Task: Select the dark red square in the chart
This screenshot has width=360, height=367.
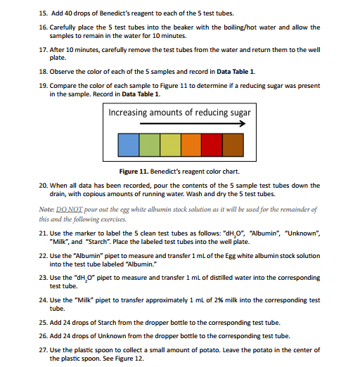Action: pos(212,145)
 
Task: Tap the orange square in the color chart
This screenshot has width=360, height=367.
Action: pos(191,145)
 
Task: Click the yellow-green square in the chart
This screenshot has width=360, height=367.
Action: pos(170,145)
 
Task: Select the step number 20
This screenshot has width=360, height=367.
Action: pos(43,186)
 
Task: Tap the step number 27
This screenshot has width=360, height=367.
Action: pos(43,349)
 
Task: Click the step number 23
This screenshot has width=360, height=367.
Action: pos(43,279)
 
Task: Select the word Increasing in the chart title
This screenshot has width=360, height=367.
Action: pos(133,112)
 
